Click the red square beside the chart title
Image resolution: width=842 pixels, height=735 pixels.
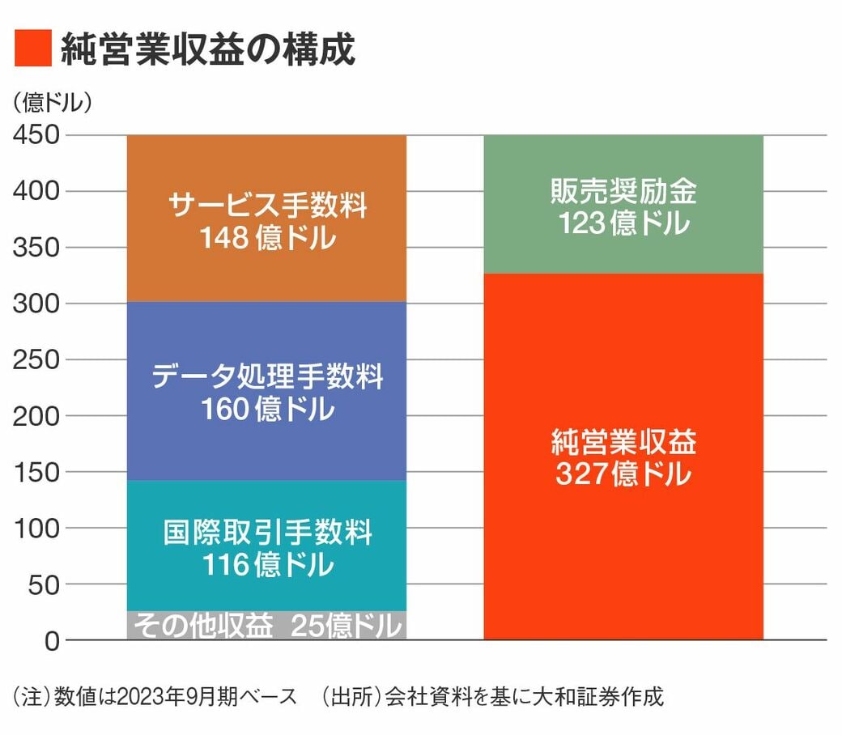tap(33, 49)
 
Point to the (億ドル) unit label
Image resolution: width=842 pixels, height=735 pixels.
tap(53, 103)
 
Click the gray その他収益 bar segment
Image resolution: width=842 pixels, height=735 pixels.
tap(266, 626)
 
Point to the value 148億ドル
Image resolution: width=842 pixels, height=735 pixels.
tap(267, 239)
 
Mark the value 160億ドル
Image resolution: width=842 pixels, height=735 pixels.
tap(267, 410)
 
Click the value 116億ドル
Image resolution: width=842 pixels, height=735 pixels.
tap(267, 565)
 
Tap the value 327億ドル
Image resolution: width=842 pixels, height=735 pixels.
tap(623, 474)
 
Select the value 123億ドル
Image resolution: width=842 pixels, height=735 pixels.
tap(623, 223)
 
